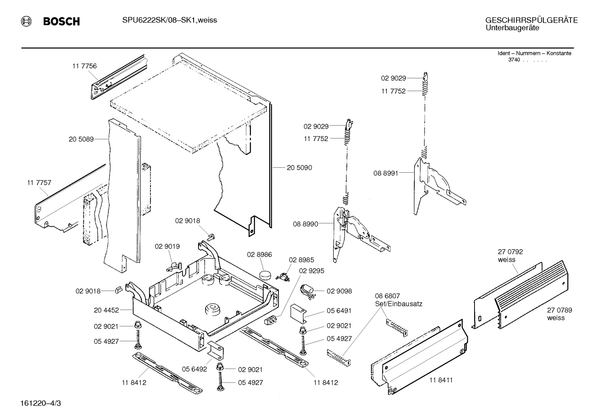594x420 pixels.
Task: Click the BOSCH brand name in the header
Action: [x=61, y=21]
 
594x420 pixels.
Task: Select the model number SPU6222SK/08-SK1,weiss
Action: [x=169, y=20]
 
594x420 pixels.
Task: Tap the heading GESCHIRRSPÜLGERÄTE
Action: [x=531, y=20]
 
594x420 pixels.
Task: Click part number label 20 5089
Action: [x=81, y=139]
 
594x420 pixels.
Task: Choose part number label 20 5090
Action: [x=299, y=168]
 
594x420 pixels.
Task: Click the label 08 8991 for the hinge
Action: [x=386, y=174]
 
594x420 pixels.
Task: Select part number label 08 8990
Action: [x=305, y=224]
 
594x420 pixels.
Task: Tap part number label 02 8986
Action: [x=260, y=255]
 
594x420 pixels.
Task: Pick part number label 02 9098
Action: [x=339, y=291]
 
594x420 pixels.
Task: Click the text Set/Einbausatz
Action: [x=398, y=304]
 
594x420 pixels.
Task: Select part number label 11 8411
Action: [x=441, y=380]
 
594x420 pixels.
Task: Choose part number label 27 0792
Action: [x=510, y=252]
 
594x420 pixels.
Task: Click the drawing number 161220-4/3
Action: [x=42, y=402]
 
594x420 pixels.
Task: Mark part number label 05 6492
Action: [x=194, y=369]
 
